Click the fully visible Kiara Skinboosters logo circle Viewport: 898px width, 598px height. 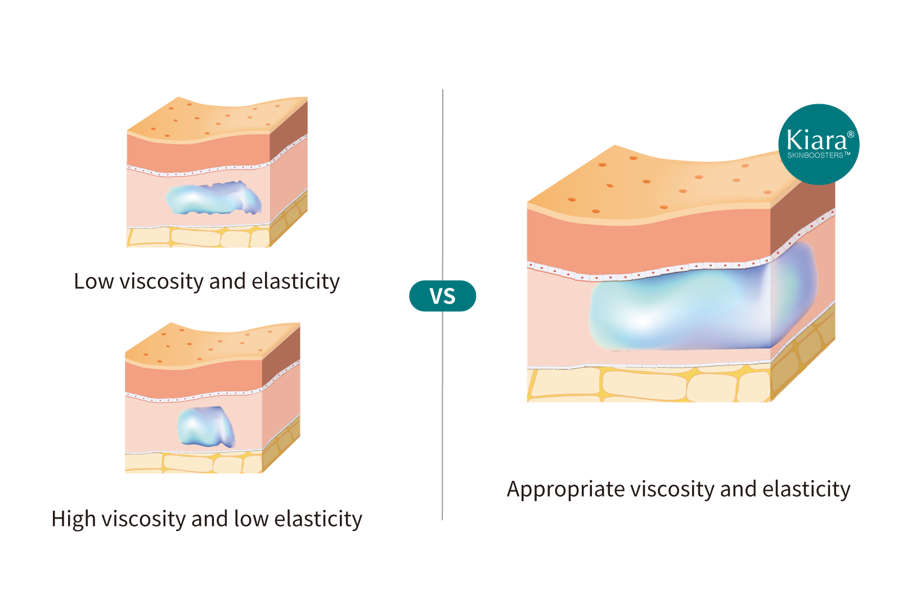(819, 144)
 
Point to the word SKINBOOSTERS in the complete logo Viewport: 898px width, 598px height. (815, 155)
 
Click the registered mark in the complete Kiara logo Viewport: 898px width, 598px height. (850, 135)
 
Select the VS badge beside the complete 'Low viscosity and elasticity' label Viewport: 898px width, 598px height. (442, 296)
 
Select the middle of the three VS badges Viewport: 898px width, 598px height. (442, 412)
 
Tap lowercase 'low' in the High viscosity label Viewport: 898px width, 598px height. (252, 519)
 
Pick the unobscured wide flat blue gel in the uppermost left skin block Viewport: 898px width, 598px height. (214, 199)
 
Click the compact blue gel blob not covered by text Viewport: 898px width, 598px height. (205, 427)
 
